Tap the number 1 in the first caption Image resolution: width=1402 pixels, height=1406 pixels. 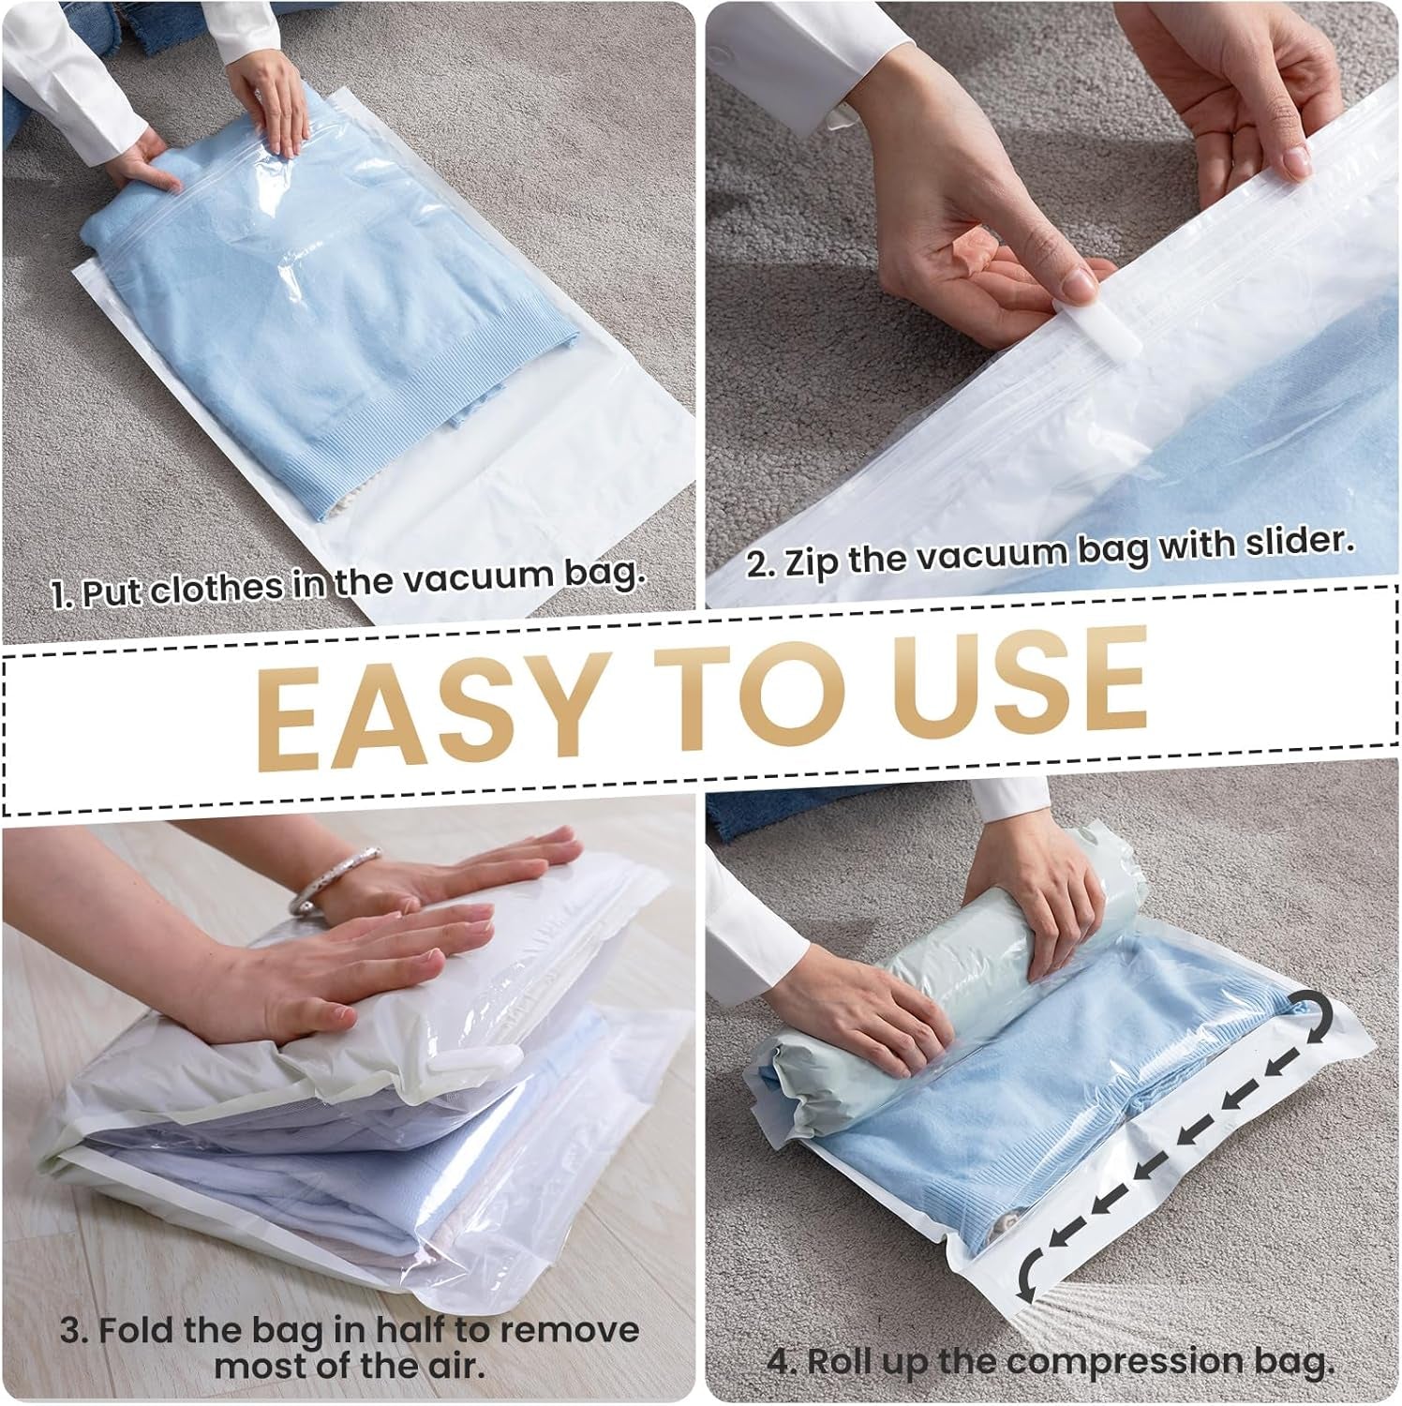click(59, 594)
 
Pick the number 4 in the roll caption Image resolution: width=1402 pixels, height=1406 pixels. click(780, 1361)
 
